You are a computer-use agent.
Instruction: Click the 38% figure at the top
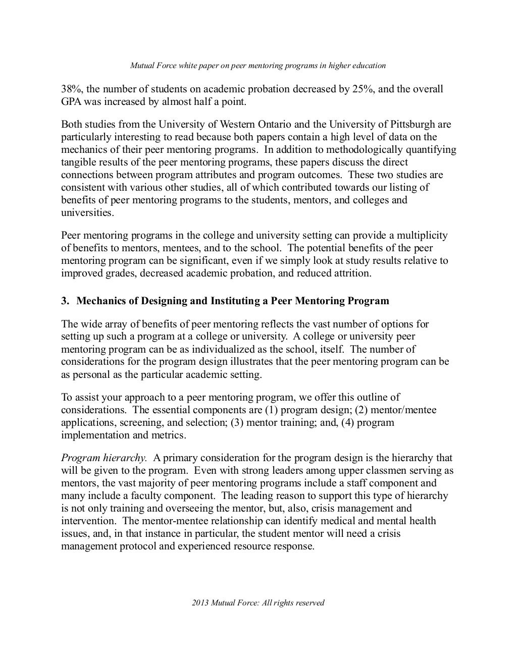(71, 89)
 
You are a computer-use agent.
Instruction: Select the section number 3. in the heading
(65, 301)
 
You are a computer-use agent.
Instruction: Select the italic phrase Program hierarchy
(104, 458)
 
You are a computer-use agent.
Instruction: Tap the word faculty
(151, 496)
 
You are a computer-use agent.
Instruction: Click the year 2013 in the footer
(200, 603)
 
